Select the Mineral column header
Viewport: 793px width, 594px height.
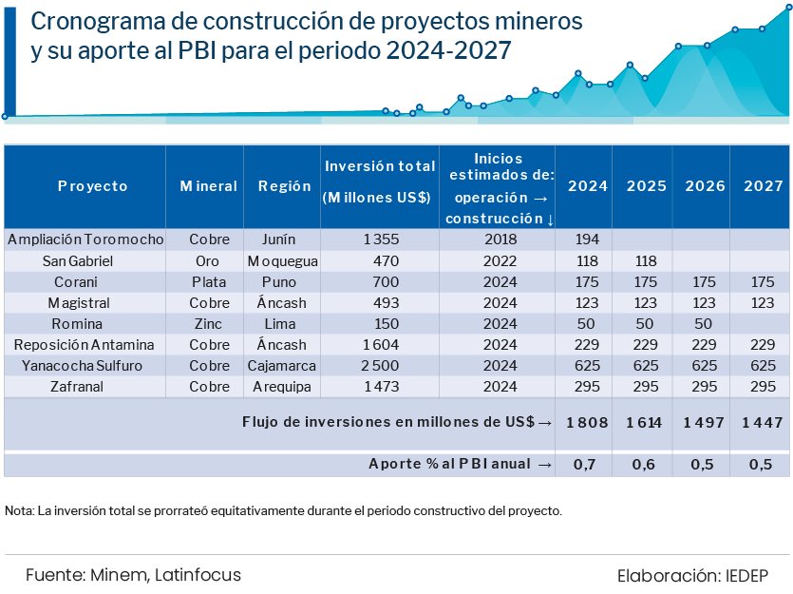209,186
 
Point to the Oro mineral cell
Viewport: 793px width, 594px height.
209,260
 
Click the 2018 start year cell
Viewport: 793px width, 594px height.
500,240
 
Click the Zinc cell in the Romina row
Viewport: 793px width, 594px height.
209,324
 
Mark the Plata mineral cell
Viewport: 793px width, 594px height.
209,282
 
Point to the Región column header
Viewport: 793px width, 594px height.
285,186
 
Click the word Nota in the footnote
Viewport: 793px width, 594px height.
19,510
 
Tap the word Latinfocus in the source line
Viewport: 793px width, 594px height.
198,575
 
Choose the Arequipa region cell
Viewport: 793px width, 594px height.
282,387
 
